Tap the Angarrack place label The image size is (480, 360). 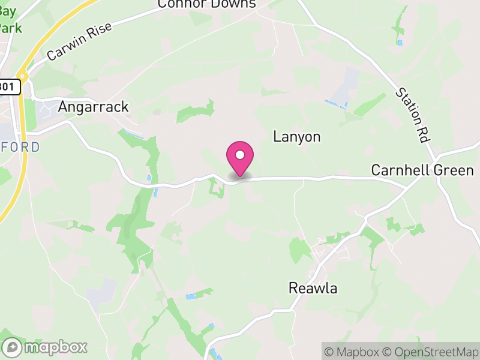click(x=93, y=107)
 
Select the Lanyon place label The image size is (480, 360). click(x=297, y=137)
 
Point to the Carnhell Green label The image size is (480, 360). click(x=422, y=170)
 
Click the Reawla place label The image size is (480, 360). click(x=313, y=288)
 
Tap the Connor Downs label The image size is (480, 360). click(x=206, y=4)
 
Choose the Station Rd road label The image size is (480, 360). click(x=413, y=115)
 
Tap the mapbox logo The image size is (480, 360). click(x=45, y=347)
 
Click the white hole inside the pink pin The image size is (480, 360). click(x=240, y=155)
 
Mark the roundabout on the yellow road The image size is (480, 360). click(x=23, y=76)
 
